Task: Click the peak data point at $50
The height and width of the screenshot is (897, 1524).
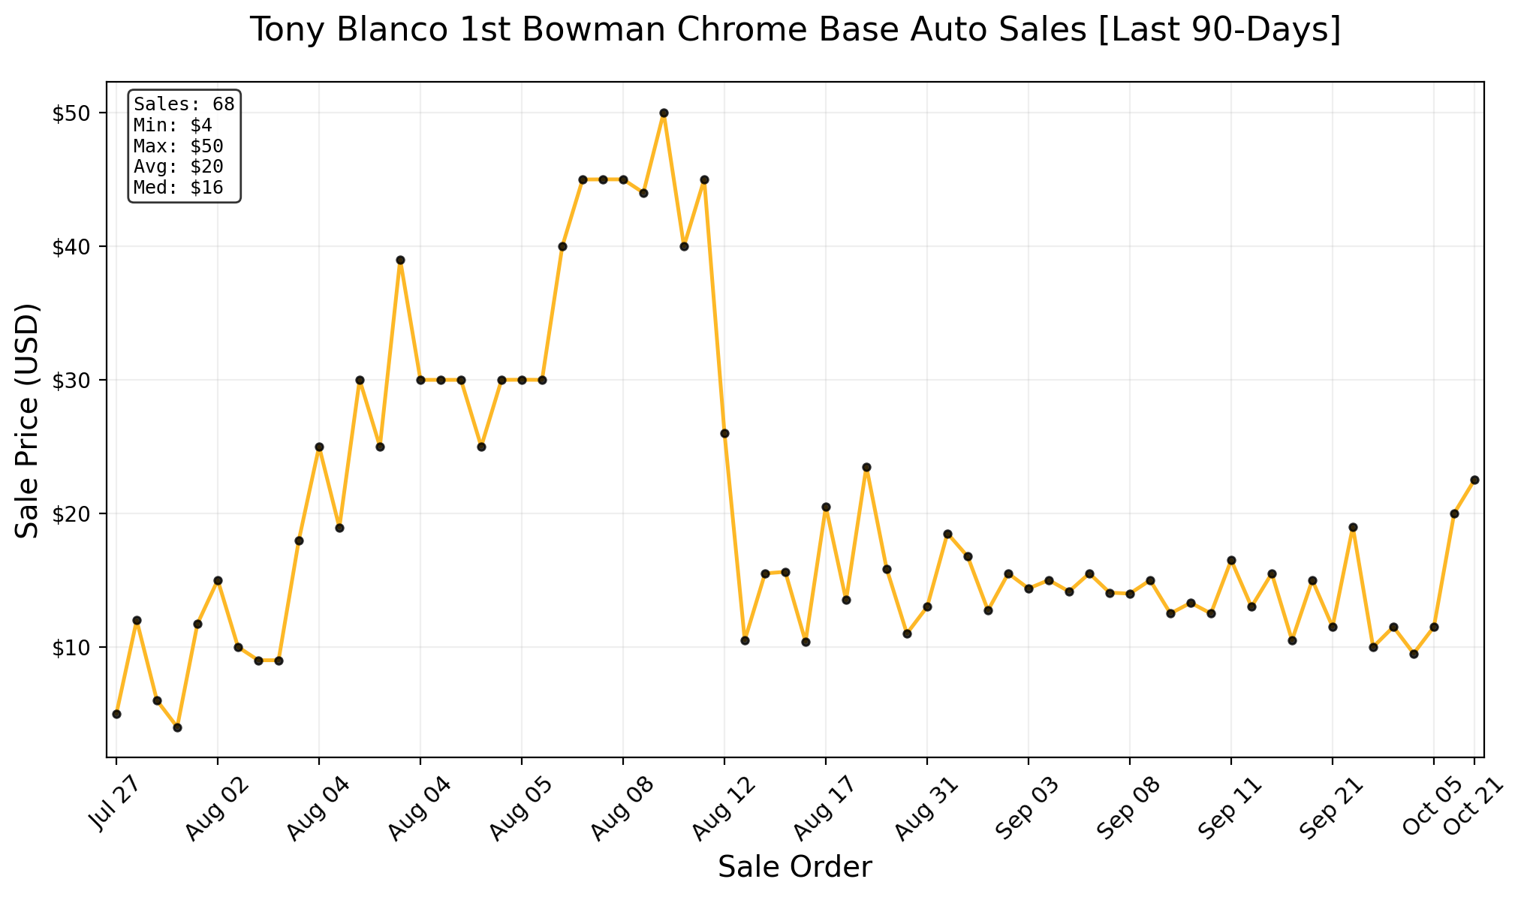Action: click(x=664, y=113)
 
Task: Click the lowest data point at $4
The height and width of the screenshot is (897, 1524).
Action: click(x=177, y=727)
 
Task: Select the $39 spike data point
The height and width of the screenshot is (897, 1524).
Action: click(x=400, y=260)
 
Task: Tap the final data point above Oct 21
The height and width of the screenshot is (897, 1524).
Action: click(x=1474, y=480)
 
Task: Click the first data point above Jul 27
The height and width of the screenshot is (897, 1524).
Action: click(x=116, y=714)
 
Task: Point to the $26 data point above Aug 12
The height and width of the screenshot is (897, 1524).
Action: click(x=724, y=433)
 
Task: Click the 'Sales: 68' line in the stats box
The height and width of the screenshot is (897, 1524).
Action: click(x=184, y=104)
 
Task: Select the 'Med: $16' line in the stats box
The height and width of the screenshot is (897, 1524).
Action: click(x=179, y=188)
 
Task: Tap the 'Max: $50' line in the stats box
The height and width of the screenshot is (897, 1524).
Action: click(x=179, y=146)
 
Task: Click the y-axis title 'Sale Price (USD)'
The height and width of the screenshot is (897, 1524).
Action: click(x=28, y=420)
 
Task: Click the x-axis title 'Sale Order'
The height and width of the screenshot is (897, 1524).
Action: click(x=795, y=868)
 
